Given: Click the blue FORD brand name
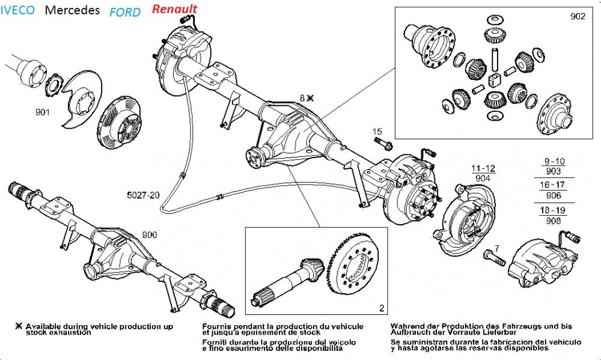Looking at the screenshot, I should (126, 12).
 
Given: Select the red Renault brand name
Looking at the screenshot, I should (174, 9).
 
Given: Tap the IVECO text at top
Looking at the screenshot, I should (17, 10).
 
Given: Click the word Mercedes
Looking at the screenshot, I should (73, 10).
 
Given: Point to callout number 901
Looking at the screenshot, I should (43, 112).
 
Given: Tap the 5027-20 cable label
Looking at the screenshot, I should (143, 195).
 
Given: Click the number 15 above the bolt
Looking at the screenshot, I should (377, 131).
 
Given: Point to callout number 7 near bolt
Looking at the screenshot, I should (496, 248).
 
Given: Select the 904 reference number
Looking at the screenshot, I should (483, 178).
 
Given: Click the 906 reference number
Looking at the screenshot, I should (554, 195).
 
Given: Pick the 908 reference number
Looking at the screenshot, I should (554, 221).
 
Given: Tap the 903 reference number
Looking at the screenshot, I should (554, 171).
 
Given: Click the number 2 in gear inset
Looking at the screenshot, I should (381, 308).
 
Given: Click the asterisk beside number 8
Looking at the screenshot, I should (310, 97).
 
